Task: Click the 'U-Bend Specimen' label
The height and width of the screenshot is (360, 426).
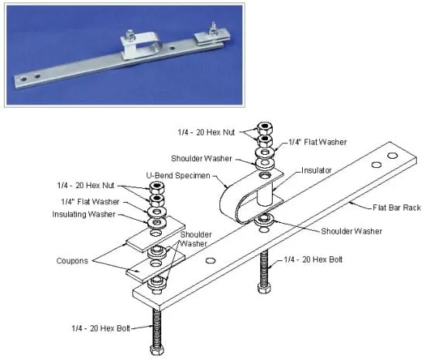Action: pos(178,176)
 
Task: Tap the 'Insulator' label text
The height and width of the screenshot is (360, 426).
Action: pos(317,170)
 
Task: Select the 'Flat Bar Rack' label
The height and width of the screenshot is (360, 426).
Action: pos(397,207)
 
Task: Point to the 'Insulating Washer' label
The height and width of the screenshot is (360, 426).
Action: pos(84,214)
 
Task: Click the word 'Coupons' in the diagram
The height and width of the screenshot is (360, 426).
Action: pos(72,261)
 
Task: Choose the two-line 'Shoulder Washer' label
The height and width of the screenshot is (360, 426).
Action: pos(196,239)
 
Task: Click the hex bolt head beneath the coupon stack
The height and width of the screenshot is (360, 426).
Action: pos(157,350)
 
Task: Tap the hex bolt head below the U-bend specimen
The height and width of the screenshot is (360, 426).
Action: pos(264,288)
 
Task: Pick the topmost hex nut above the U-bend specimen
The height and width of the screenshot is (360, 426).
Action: pos(265,128)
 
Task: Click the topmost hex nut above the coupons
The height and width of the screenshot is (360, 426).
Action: pos(156,187)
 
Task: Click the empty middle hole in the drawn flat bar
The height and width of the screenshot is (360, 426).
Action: pos(210,261)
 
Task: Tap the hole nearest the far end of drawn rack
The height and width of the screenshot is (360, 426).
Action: pos(393,156)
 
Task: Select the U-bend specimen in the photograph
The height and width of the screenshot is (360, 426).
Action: pos(139,45)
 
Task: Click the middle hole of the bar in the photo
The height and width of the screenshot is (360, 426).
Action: pos(172,48)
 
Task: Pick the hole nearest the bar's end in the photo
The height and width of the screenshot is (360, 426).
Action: pos(24,79)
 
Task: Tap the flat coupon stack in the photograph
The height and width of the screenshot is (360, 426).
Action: pos(212,39)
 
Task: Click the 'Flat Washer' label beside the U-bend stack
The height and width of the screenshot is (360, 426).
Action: pos(318,142)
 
